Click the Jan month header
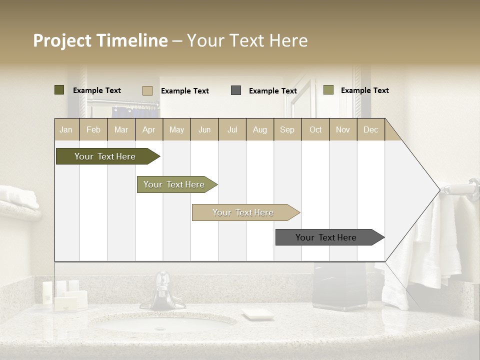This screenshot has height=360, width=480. tap(66, 129)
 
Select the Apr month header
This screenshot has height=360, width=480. tap(148, 129)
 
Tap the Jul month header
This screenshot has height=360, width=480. tap(232, 129)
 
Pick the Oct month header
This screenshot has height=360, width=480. tap(315, 129)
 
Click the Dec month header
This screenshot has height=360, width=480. tap(370, 129)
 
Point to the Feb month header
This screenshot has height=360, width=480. tap(93, 129)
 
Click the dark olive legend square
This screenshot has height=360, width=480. tap(59, 90)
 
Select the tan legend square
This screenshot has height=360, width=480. tap(147, 90)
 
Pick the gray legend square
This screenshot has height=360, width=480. tap(236, 90)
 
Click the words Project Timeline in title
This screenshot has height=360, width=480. tap(100, 40)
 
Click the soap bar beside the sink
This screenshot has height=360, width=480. tap(257, 314)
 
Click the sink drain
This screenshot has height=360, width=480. tap(160, 328)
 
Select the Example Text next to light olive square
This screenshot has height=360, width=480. tap(364, 90)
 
